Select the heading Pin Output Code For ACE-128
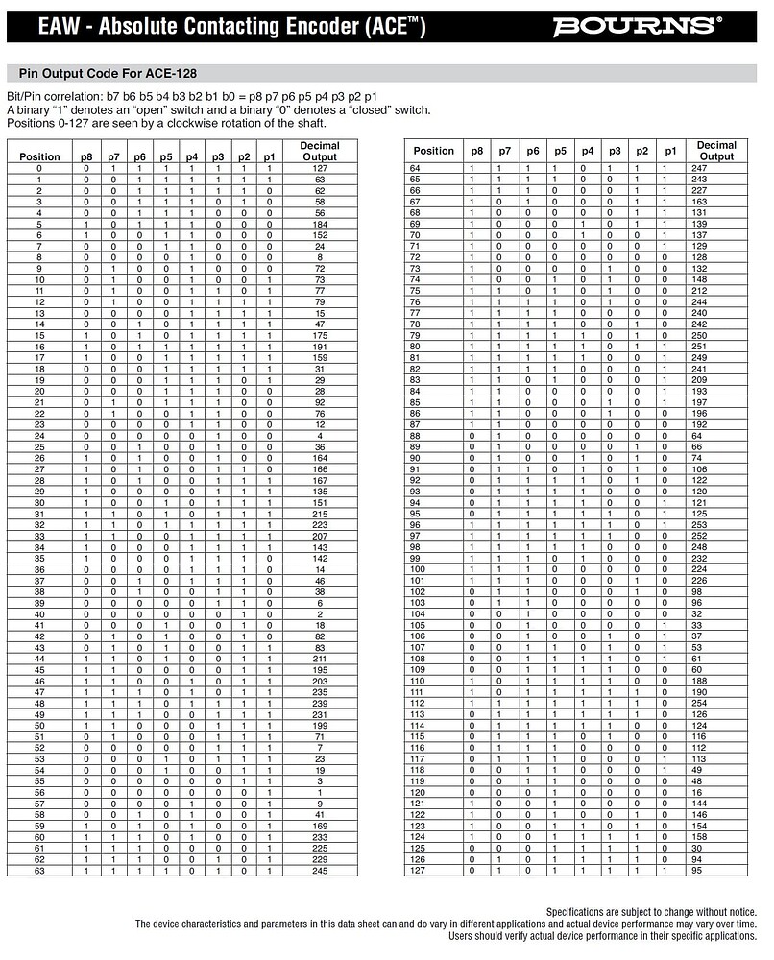click(x=109, y=73)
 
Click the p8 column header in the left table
click(x=86, y=156)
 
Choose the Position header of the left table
click(x=39, y=156)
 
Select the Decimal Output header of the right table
click(x=716, y=151)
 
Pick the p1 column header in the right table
click(x=671, y=151)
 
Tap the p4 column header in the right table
click(x=588, y=151)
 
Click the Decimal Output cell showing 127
click(x=320, y=168)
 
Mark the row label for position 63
click(x=39, y=871)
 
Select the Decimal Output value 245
click(x=320, y=871)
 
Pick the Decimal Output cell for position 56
click(x=320, y=792)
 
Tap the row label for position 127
click(x=416, y=871)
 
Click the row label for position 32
click(x=39, y=524)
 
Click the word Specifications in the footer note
click(x=580, y=912)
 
